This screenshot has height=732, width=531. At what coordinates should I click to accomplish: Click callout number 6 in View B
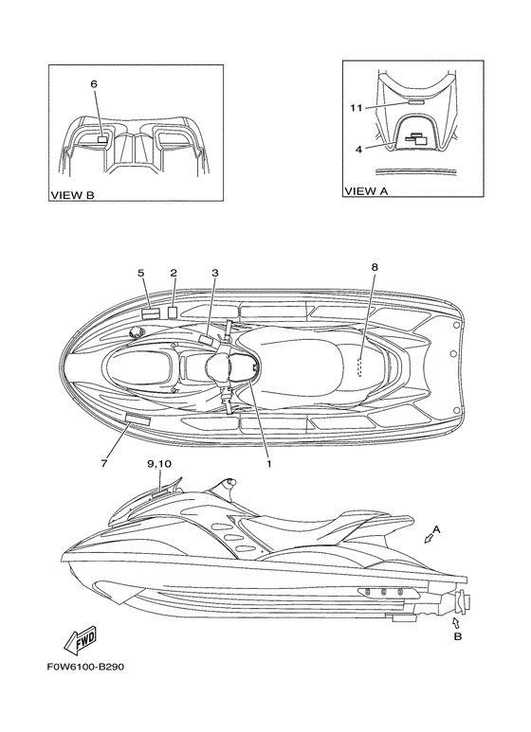point(94,84)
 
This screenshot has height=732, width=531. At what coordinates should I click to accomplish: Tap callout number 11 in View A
point(357,108)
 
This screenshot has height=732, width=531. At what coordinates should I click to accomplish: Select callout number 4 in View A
point(358,150)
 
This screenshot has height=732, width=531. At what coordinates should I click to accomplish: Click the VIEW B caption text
point(72,195)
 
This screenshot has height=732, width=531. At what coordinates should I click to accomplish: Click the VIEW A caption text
point(366,190)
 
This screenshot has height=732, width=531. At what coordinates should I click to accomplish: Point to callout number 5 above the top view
point(141,273)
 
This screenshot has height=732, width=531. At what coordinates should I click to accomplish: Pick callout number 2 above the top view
point(174,273)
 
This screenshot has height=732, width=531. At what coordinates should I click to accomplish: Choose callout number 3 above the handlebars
point(215,273)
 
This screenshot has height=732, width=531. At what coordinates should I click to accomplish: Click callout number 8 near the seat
point(375,267)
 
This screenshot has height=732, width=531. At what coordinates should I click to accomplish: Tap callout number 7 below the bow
point(103,463)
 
